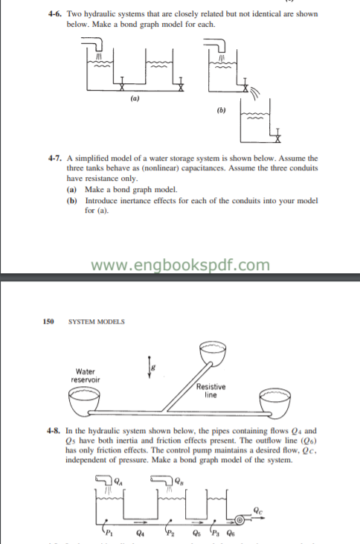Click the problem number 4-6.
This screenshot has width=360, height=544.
pos(54,13)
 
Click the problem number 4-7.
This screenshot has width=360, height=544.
pos(54,159)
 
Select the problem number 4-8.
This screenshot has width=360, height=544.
pos(53,431)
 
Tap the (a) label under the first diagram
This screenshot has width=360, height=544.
pos(135,98)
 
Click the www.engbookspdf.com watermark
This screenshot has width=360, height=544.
pos(179,264)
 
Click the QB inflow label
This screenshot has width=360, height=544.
pos(178,480)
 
